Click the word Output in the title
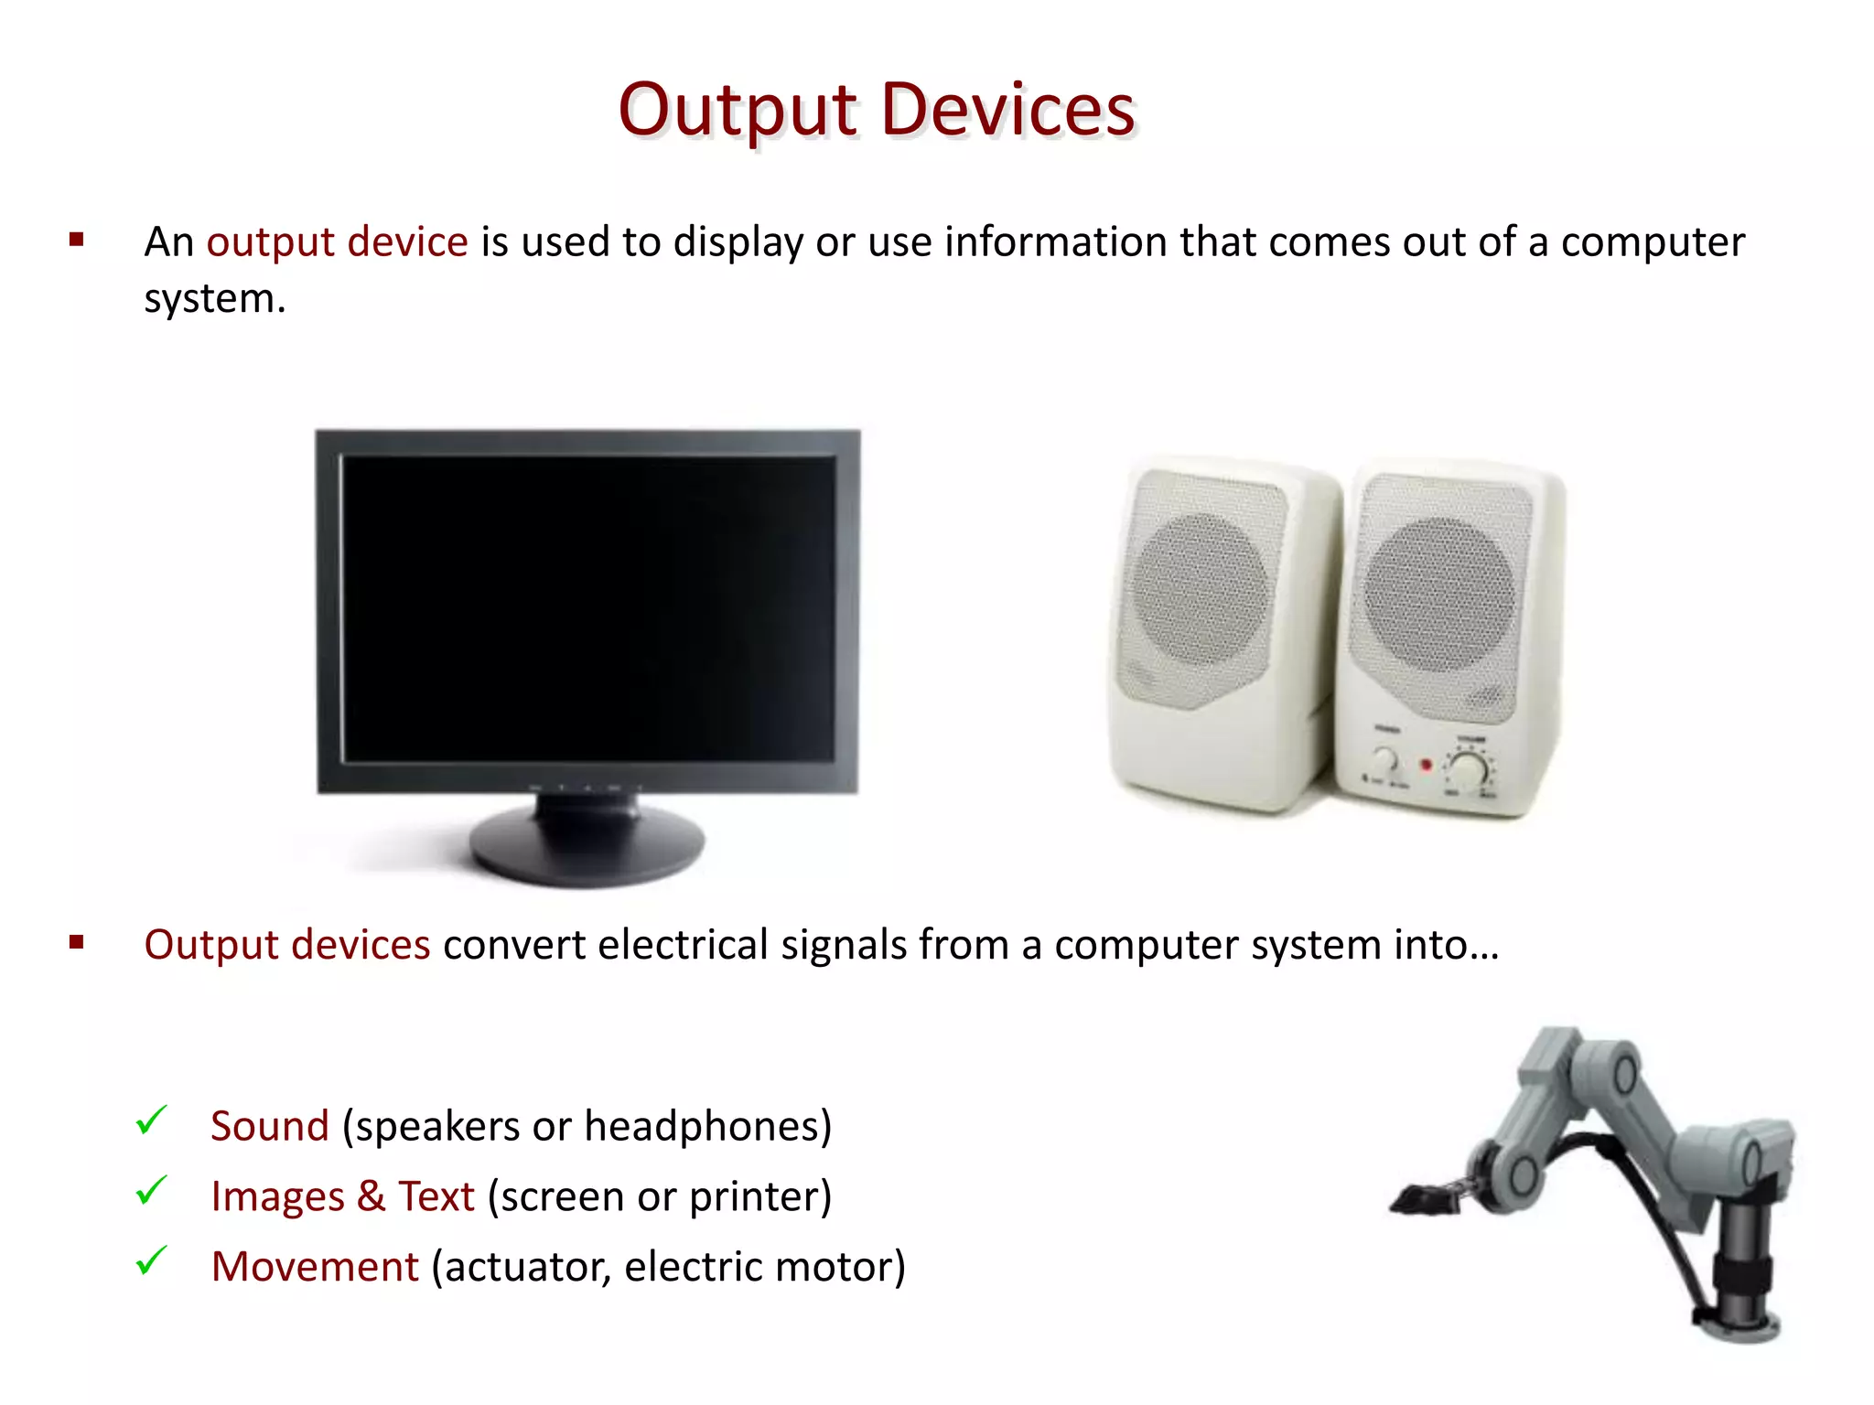point(738,110)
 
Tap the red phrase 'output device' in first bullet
point(337,242)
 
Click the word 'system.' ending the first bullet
point(215,299)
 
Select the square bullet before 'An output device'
point(77,241)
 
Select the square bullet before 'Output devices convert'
point(77,943)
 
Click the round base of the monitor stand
point(587,846)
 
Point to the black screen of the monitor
point(587,608)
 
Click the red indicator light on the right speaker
point(1425,764)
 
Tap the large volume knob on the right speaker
point(1469,770)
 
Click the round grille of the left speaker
point(1201,590)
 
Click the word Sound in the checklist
point(269,1126)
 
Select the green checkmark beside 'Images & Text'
point(151,1190)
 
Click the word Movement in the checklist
point(315,1267)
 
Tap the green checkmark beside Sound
point(151,1120)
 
